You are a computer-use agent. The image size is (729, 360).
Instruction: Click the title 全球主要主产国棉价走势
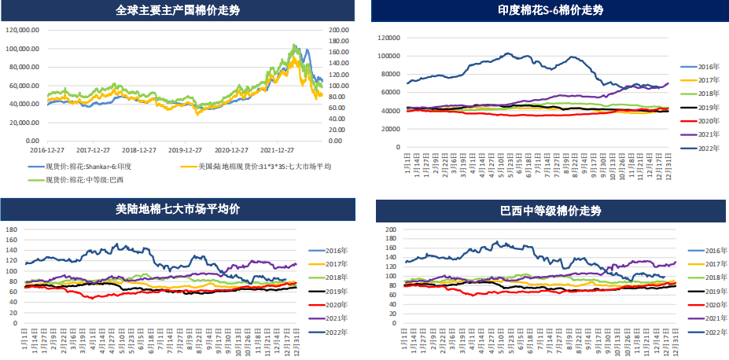(178, 10)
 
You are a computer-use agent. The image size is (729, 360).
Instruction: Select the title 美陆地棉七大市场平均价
(178, 210)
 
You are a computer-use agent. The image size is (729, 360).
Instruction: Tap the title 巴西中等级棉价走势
(550, 210)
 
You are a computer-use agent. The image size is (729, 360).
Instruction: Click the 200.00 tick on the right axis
(338, 30)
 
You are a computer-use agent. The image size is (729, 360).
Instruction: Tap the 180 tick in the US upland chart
(12, 230)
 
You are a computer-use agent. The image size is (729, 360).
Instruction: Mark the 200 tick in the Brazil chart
(391, 230)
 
